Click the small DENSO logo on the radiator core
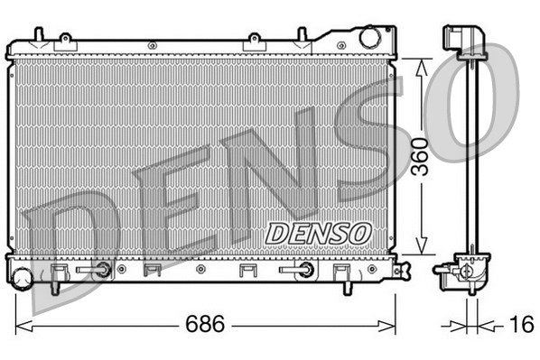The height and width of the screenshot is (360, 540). coord(318,232)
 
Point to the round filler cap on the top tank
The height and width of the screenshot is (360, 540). coord(370,39)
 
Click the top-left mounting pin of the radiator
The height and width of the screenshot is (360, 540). coord(37,34)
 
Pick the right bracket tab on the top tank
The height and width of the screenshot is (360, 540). coord(255,41)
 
